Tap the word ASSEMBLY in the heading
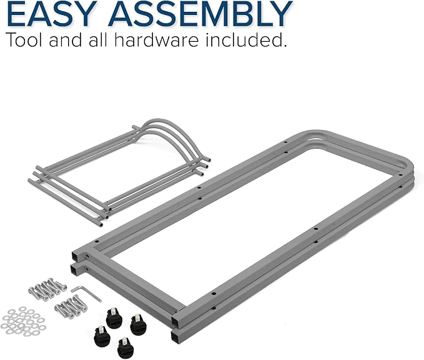click(200, 14)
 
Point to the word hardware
click(157, 39)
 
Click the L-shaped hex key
click(86, 292)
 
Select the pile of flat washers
click(23, 322)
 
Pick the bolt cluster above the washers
click(47, 289)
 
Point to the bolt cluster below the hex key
click(71, 307)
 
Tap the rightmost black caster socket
click(138, 324)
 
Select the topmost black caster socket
click(114, 318)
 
